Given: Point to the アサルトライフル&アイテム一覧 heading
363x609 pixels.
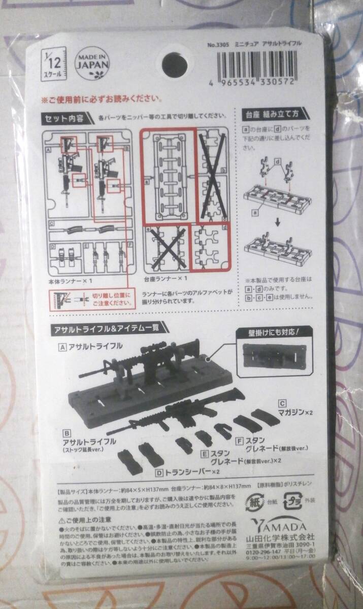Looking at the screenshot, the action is pyautogui.click(x=109, y=328).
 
